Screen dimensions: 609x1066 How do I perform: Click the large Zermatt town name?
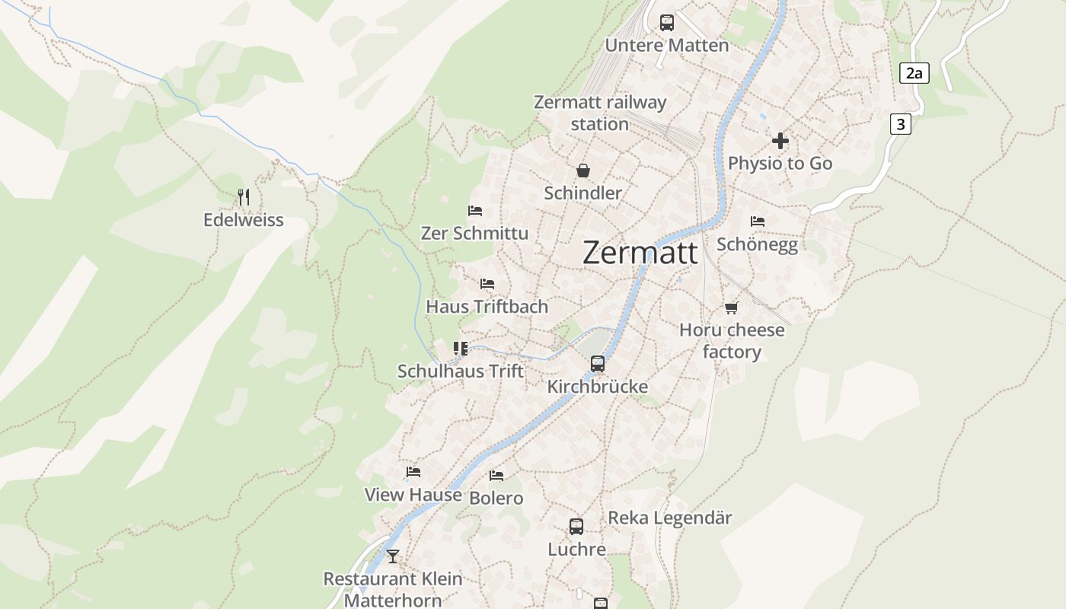(x=640, y=253)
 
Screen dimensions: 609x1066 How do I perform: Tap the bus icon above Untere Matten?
(x=667, y=23)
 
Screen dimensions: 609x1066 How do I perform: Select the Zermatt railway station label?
(x=600, y=113)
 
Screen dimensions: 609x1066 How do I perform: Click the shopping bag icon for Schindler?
(x=583, y=171)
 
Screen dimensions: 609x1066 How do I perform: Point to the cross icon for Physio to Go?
(x=780, y=141)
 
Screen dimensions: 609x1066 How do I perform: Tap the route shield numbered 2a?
(x=914, y=73)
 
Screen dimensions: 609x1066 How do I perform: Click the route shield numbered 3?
(x=900, y=124)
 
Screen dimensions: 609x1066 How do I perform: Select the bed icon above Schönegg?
(x=757, y=222)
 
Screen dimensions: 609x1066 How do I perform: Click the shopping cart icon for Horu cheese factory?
(x=732, y=308)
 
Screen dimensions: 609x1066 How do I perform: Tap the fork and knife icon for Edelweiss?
(x=244, y=197)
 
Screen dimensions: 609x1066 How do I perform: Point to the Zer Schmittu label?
(x=474, y=234)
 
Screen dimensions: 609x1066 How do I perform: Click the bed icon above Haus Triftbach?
(x=487, y=284)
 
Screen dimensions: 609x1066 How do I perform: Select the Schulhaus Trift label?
(x=461, y=371)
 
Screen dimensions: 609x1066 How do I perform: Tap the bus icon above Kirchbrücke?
(x=598, y=364)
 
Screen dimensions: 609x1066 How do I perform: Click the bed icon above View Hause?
(x=413, y=472)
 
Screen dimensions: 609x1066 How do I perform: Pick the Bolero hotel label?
(x=496, y=499)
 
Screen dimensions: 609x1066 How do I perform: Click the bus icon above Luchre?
(x=576, y=527)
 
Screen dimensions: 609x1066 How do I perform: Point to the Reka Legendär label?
(x=669, y=518)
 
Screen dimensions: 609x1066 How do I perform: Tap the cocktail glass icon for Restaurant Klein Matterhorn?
(x=392, y=556)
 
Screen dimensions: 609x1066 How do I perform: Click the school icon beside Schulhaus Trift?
(x=461, y=349)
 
